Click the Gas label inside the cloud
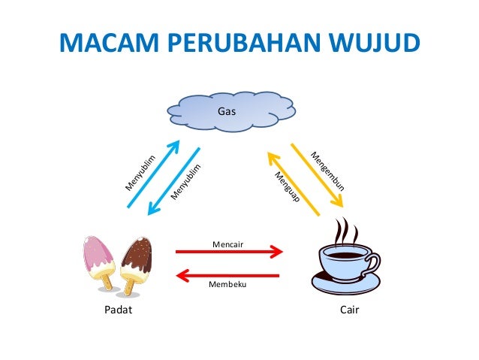click(x=226, y=111)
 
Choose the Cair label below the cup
click(x=349, y=309)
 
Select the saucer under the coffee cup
click(x=345, y=286)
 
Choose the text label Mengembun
click(x=336, y=171)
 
